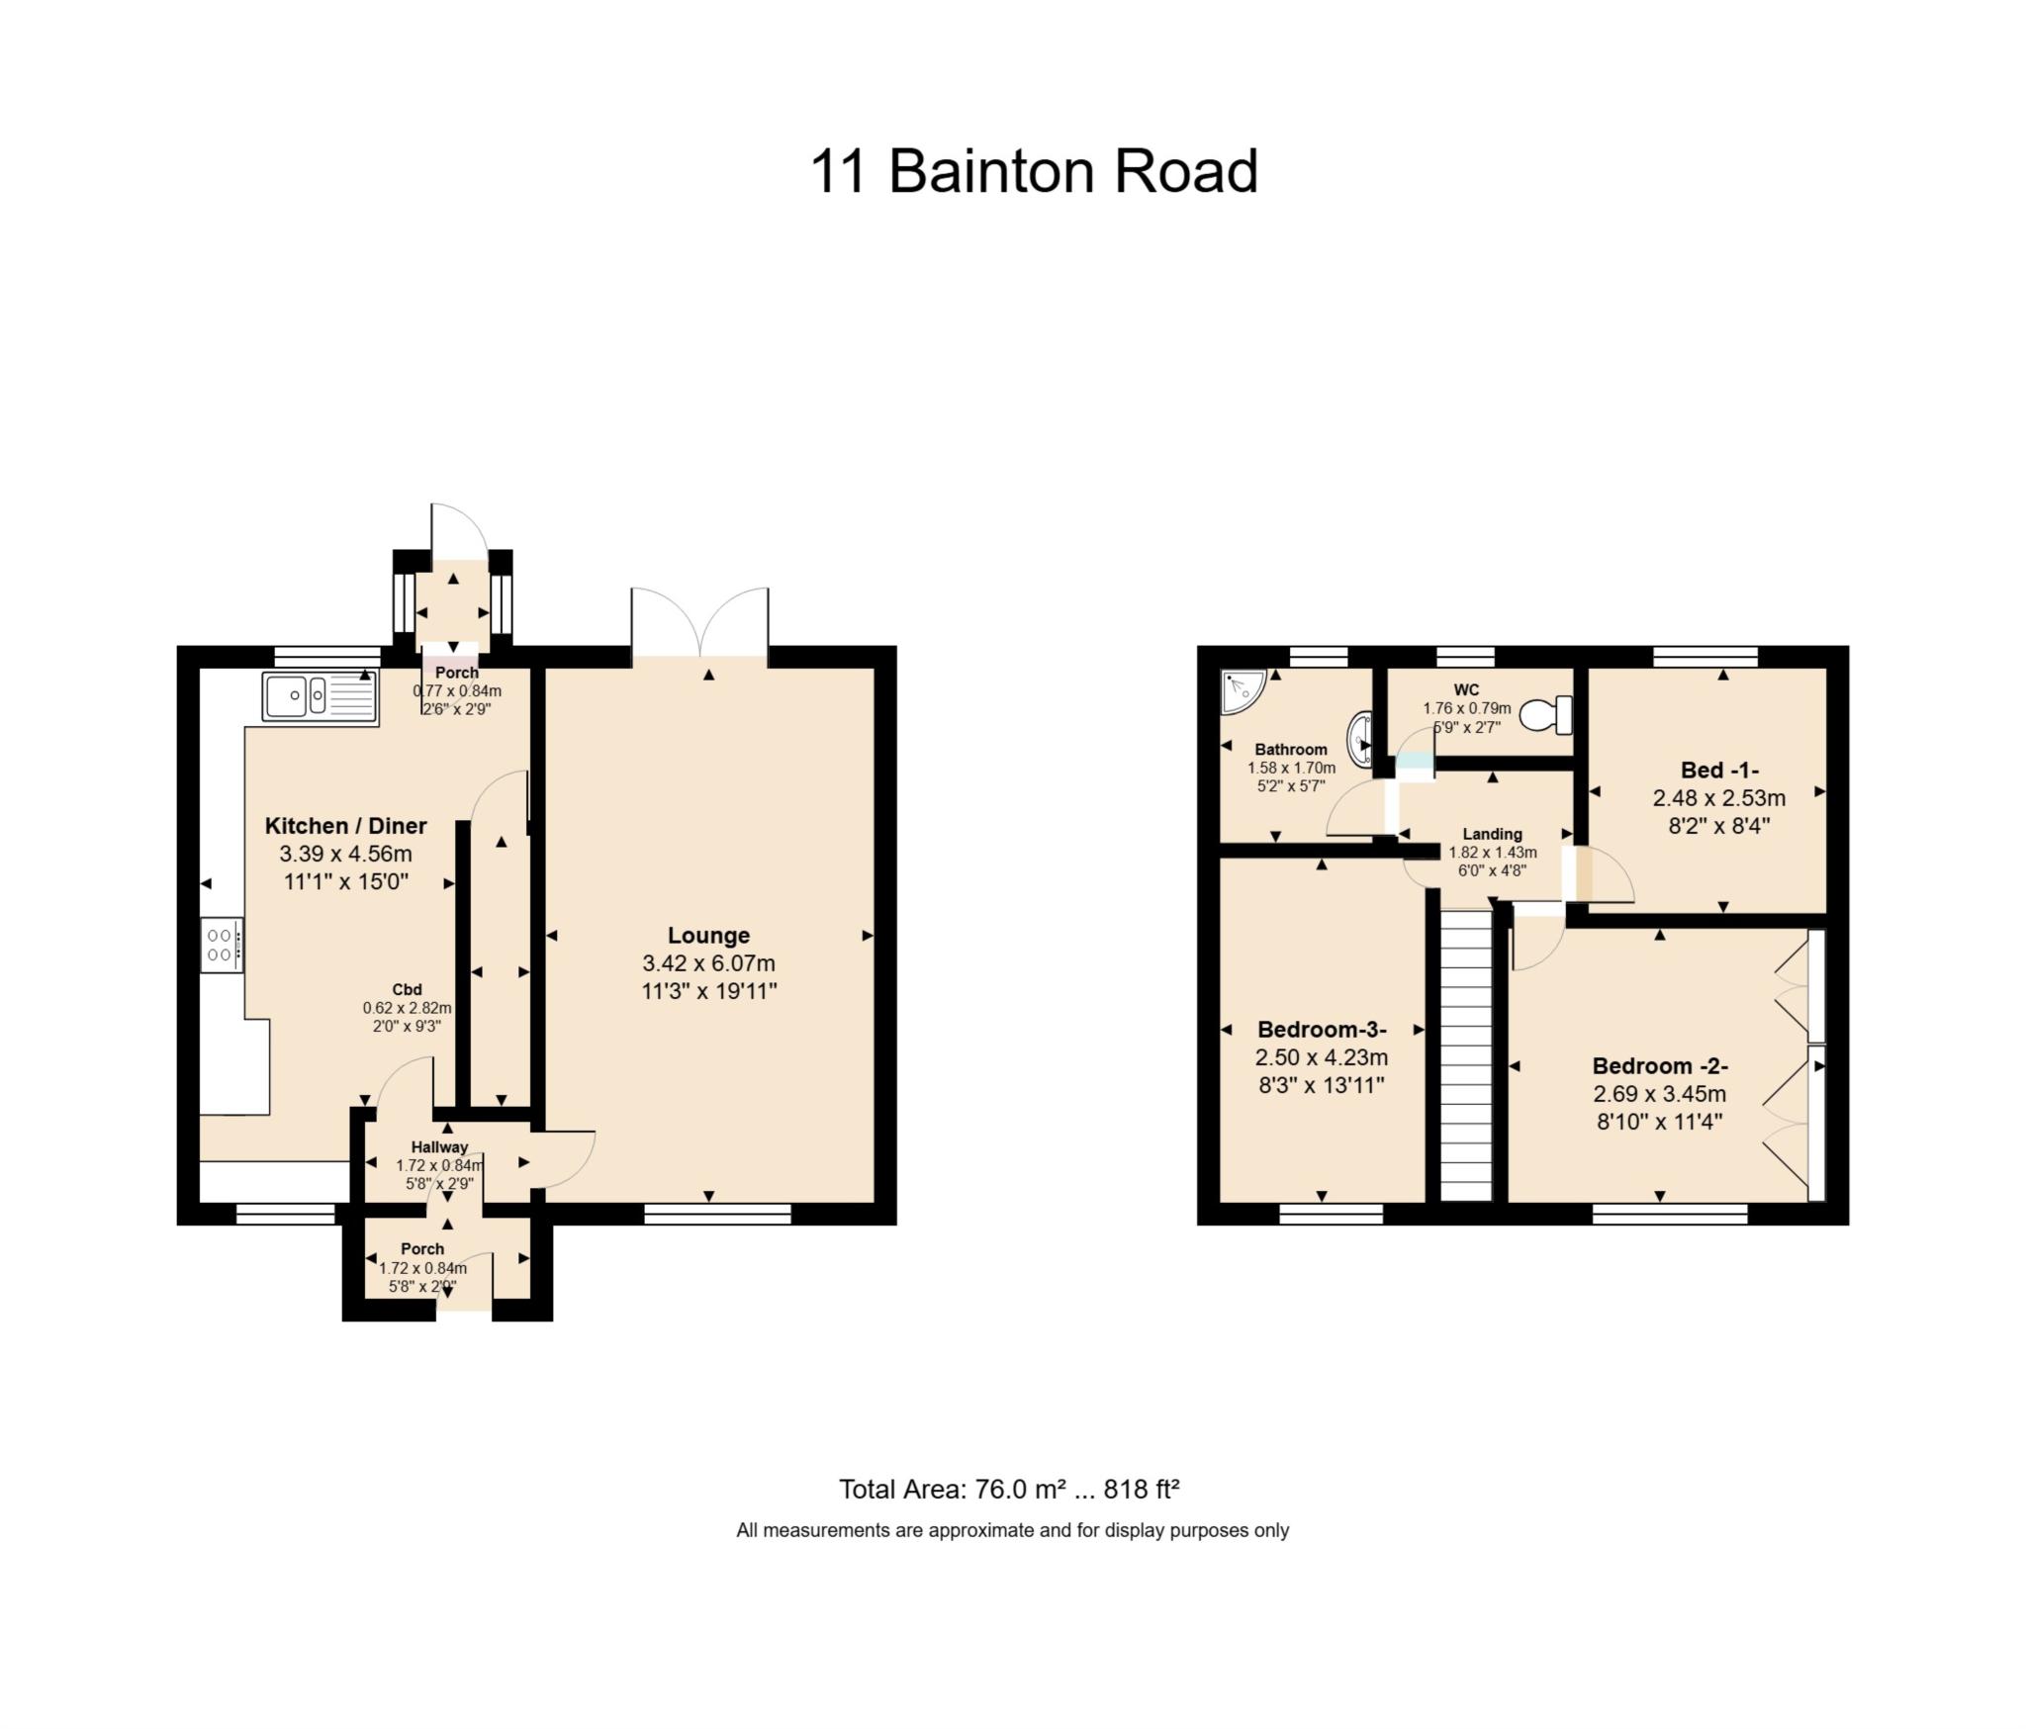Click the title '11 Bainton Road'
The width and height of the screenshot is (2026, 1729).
(x=1034, y=171)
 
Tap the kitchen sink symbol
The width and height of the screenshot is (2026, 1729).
(x=320, y=696)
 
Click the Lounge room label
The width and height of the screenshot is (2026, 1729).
(x=708, y=935)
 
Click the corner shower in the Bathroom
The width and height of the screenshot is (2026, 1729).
(x=1241, y=690)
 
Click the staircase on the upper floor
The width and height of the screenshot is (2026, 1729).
(x=1465, y=1055)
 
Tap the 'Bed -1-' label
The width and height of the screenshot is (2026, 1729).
(x=1719, y=771)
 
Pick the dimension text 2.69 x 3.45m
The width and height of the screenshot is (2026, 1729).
(x=1659, y=1094)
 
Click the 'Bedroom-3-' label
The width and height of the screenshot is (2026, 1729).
(x=1322, y=1029)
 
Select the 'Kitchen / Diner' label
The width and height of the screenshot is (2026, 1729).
(x=346, y=826)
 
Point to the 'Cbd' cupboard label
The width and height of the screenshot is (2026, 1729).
(x=407, y=989)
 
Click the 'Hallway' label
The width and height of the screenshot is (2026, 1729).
(x=439, y=1147)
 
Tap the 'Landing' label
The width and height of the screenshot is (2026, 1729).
(x=1492, y=834)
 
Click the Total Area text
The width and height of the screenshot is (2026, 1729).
(x=1009, y=1489)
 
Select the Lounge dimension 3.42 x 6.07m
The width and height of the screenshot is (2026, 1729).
(x=708, y=963)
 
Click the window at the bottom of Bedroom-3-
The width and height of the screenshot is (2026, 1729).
(x=1331, y=1213)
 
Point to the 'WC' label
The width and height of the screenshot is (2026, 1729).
(x=1466, y=689)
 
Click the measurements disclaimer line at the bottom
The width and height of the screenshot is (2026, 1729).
(x=1012, y=1530)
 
